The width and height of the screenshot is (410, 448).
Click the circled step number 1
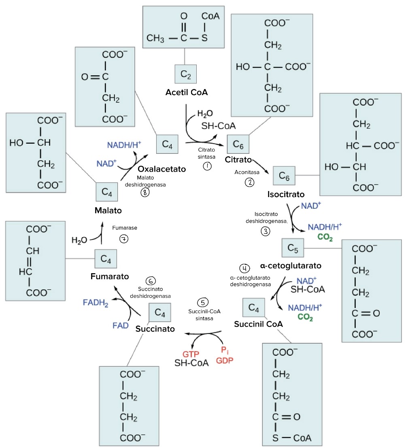coord(208,166)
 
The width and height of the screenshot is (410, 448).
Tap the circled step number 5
coord(203,303)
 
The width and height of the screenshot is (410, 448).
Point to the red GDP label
coord(225,361)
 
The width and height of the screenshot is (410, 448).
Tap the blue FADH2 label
coord(96,303)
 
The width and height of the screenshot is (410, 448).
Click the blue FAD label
coord(121,325)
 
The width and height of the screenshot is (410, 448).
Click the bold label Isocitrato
coord(286,194)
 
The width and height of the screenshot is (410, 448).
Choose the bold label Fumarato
coord(110,276)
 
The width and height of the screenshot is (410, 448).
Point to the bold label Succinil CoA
coord(258,324)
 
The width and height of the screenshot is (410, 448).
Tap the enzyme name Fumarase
coord(125,228)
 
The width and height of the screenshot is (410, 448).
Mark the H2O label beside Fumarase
coord(79,240)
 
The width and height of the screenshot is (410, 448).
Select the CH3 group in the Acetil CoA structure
coord(155,39)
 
